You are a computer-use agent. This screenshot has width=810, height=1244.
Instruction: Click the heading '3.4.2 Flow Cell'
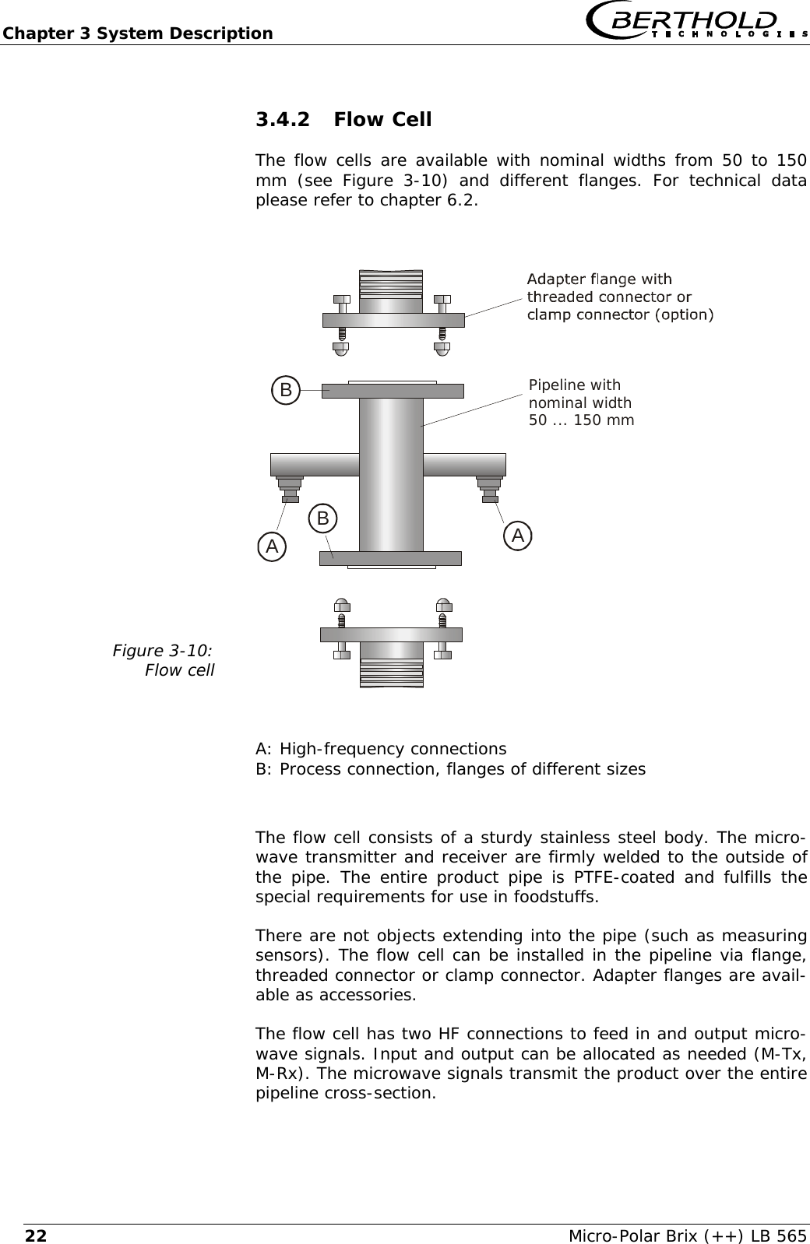click(x=343, y=120)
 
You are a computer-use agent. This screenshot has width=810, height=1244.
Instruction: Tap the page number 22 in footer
click(x=35, y=1235)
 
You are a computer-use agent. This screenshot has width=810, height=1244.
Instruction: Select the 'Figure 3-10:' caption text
click(x=164, y=649)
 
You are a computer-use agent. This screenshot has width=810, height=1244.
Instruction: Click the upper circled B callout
click(x=287, y=389)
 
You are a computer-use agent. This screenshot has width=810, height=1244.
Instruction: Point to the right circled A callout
click(x=518, y=535)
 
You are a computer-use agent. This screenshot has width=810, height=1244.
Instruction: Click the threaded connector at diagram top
click(x=391, y=285)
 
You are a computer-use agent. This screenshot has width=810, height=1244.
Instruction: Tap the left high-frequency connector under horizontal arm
click(x=290, y=489)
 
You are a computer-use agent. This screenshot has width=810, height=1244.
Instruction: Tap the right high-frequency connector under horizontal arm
click(x=489, y=489)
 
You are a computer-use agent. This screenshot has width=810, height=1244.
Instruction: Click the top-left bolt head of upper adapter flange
click(x=341, y=299)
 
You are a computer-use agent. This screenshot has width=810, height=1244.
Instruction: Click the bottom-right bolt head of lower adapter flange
click(x=442, y=654)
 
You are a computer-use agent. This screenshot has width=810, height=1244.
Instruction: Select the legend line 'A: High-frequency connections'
click(x=381, y=749)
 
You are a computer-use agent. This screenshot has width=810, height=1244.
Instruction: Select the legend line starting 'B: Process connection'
click(x=450, y=769)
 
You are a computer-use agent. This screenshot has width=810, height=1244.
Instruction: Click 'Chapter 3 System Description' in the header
click(x=137, y=33)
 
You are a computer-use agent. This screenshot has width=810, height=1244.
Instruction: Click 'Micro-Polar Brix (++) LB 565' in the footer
click(x=688, y=1235)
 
